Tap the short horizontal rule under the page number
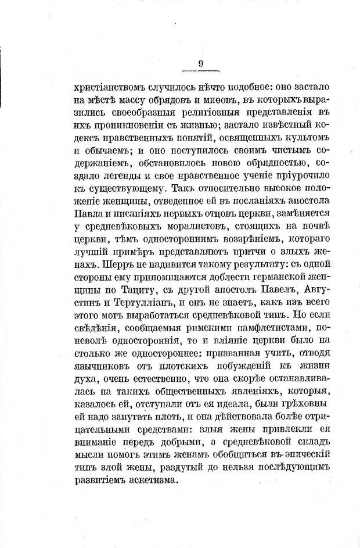199,72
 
